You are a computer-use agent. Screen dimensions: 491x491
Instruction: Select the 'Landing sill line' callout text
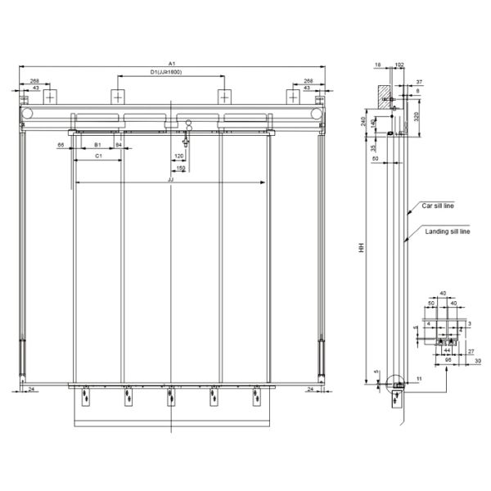coord(448,232)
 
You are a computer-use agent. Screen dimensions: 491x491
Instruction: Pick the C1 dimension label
coord(98,154)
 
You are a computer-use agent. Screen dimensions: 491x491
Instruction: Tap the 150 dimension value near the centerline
coord(180,168)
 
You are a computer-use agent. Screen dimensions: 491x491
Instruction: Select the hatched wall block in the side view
coord(383,97)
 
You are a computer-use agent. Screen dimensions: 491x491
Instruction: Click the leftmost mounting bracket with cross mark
coord(52,96)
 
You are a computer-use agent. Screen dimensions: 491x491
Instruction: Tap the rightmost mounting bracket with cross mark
coord(292,96)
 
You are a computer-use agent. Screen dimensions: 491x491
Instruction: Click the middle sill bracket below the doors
coord(170,399)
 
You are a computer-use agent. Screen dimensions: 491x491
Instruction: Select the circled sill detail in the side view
coord(397,382)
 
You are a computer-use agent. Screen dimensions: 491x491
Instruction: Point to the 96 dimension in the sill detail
coord(448,358)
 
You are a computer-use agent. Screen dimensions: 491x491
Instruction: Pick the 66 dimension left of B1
coord(61,144)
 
